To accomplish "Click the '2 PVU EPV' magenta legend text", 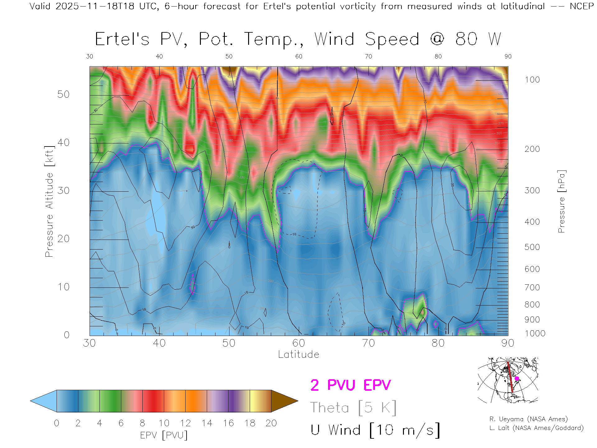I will (350, 385).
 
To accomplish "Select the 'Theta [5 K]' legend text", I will (353, 408).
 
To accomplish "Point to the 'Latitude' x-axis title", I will (298, 354).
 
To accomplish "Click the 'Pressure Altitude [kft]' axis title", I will (49, 201).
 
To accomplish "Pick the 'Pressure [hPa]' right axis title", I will (561, 201).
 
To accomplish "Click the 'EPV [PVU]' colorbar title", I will (164, 435).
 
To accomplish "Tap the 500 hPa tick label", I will (532, 247).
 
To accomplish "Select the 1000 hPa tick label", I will (535, 334).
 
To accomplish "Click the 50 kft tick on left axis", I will (63, 94).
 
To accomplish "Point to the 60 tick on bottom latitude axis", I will (298, 343).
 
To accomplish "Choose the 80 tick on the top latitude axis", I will (438, 56).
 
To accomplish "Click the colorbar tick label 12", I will (185, 423).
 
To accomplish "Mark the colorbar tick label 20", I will (271, 423).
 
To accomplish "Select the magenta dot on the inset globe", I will (517, 379).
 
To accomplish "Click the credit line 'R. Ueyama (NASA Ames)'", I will (528, 419).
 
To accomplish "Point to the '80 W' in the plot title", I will (478, 39).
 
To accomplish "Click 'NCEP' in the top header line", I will (581, 6).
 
